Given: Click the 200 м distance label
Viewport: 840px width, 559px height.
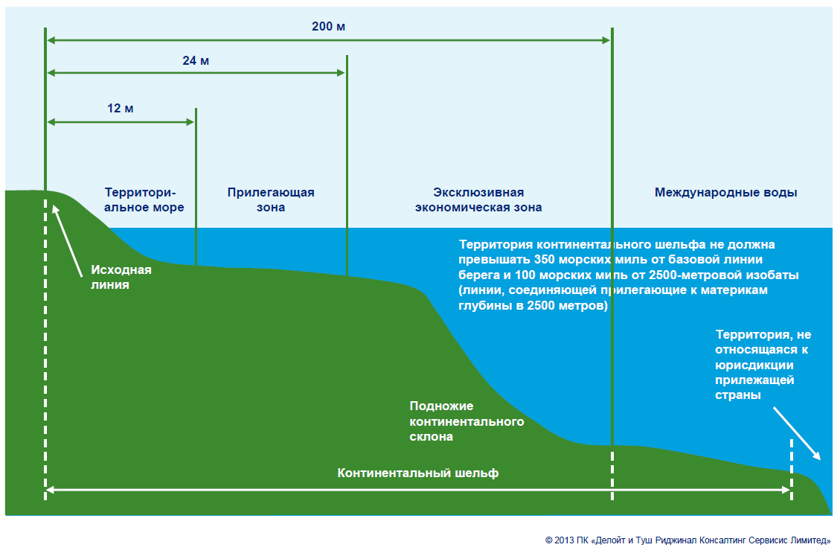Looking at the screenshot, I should point(329,27).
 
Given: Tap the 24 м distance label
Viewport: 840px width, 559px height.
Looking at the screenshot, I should point(196,60).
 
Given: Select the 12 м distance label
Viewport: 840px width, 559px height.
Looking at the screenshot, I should point(121,108).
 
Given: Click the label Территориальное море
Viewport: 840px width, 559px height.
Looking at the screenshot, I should point(144,199).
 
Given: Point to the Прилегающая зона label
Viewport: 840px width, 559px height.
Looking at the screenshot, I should point(271,199).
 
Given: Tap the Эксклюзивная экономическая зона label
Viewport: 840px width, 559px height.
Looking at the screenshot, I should point(478,199).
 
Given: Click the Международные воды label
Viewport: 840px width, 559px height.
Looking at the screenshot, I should point(725,192).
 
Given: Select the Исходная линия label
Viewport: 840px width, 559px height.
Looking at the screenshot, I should point(121,277).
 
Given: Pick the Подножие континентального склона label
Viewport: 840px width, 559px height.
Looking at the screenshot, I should point(467,421).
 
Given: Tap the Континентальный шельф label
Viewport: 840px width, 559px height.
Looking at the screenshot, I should point(417,473).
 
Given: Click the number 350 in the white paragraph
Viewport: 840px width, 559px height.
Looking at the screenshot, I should point(545,260).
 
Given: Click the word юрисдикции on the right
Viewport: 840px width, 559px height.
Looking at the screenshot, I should point(754,365).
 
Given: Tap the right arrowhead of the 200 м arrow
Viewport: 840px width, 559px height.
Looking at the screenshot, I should point(606,40).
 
